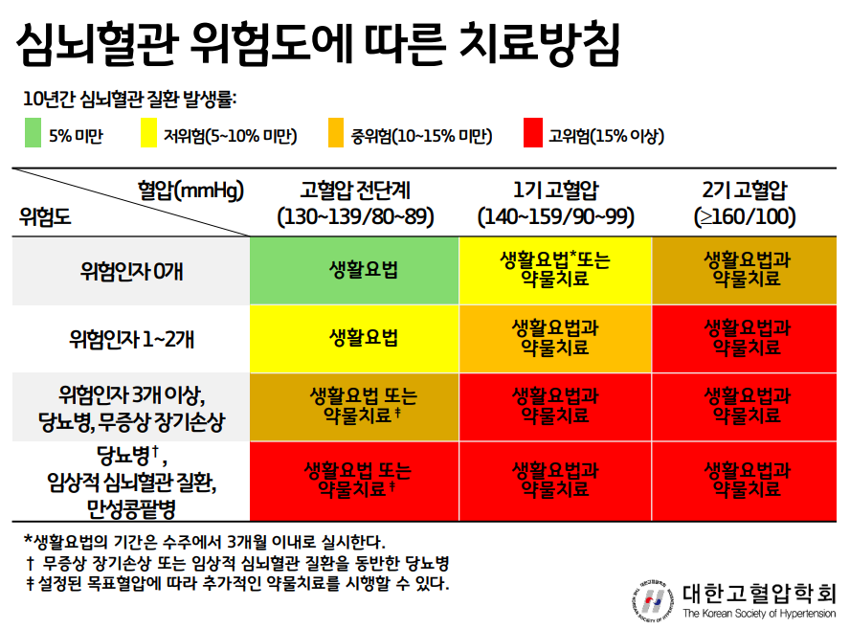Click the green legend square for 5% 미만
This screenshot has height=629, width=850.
tap(34, 133)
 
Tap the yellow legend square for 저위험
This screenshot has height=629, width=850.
tap(148, 133)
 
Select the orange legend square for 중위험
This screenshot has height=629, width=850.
tap(336, 133)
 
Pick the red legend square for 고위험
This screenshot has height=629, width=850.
tap(533, 133)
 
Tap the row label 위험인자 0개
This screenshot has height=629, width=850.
tap(131, 271)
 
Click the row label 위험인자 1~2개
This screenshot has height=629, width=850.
tap(131, 339)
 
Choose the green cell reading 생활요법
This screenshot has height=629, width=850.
tap(354, 271)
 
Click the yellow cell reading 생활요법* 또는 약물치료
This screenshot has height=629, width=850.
tap(555, 271)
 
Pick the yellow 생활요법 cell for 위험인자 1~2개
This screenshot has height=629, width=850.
tap(354, 339)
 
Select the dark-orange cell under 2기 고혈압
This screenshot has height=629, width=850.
tap(745, 271)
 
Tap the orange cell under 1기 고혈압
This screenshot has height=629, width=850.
tap(555, 339)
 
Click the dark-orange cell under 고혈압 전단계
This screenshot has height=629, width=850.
tap(354, 407)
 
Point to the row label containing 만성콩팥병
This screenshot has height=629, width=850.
tap(131, 482)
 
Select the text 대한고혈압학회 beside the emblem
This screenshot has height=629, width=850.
tap(759, 594)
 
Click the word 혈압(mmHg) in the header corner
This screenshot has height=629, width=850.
tap(190, 191)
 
